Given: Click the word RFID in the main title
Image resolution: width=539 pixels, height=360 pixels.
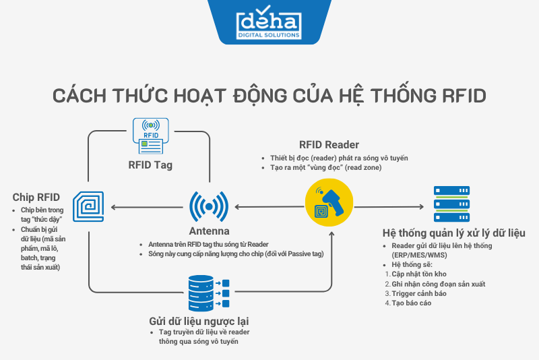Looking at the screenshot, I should (457, 95).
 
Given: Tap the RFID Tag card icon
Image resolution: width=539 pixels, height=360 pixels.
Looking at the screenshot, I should (150, 133).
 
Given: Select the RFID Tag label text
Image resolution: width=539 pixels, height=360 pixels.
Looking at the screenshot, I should (150, 164).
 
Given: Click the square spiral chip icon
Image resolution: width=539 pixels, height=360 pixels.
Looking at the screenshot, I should (90, 207).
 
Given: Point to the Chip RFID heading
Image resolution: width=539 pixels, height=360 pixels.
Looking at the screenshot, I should (36, 198).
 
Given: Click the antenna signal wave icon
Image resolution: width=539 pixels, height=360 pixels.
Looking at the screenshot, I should (210, 207).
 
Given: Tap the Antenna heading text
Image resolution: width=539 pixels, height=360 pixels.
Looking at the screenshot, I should (210, 231).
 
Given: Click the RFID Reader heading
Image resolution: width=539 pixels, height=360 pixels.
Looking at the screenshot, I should (329, 145).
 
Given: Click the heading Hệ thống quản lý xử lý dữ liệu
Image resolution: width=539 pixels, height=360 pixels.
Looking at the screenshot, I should (453, 233).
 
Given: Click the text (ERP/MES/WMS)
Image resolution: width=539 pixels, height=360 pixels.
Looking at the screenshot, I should (418, 256).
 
